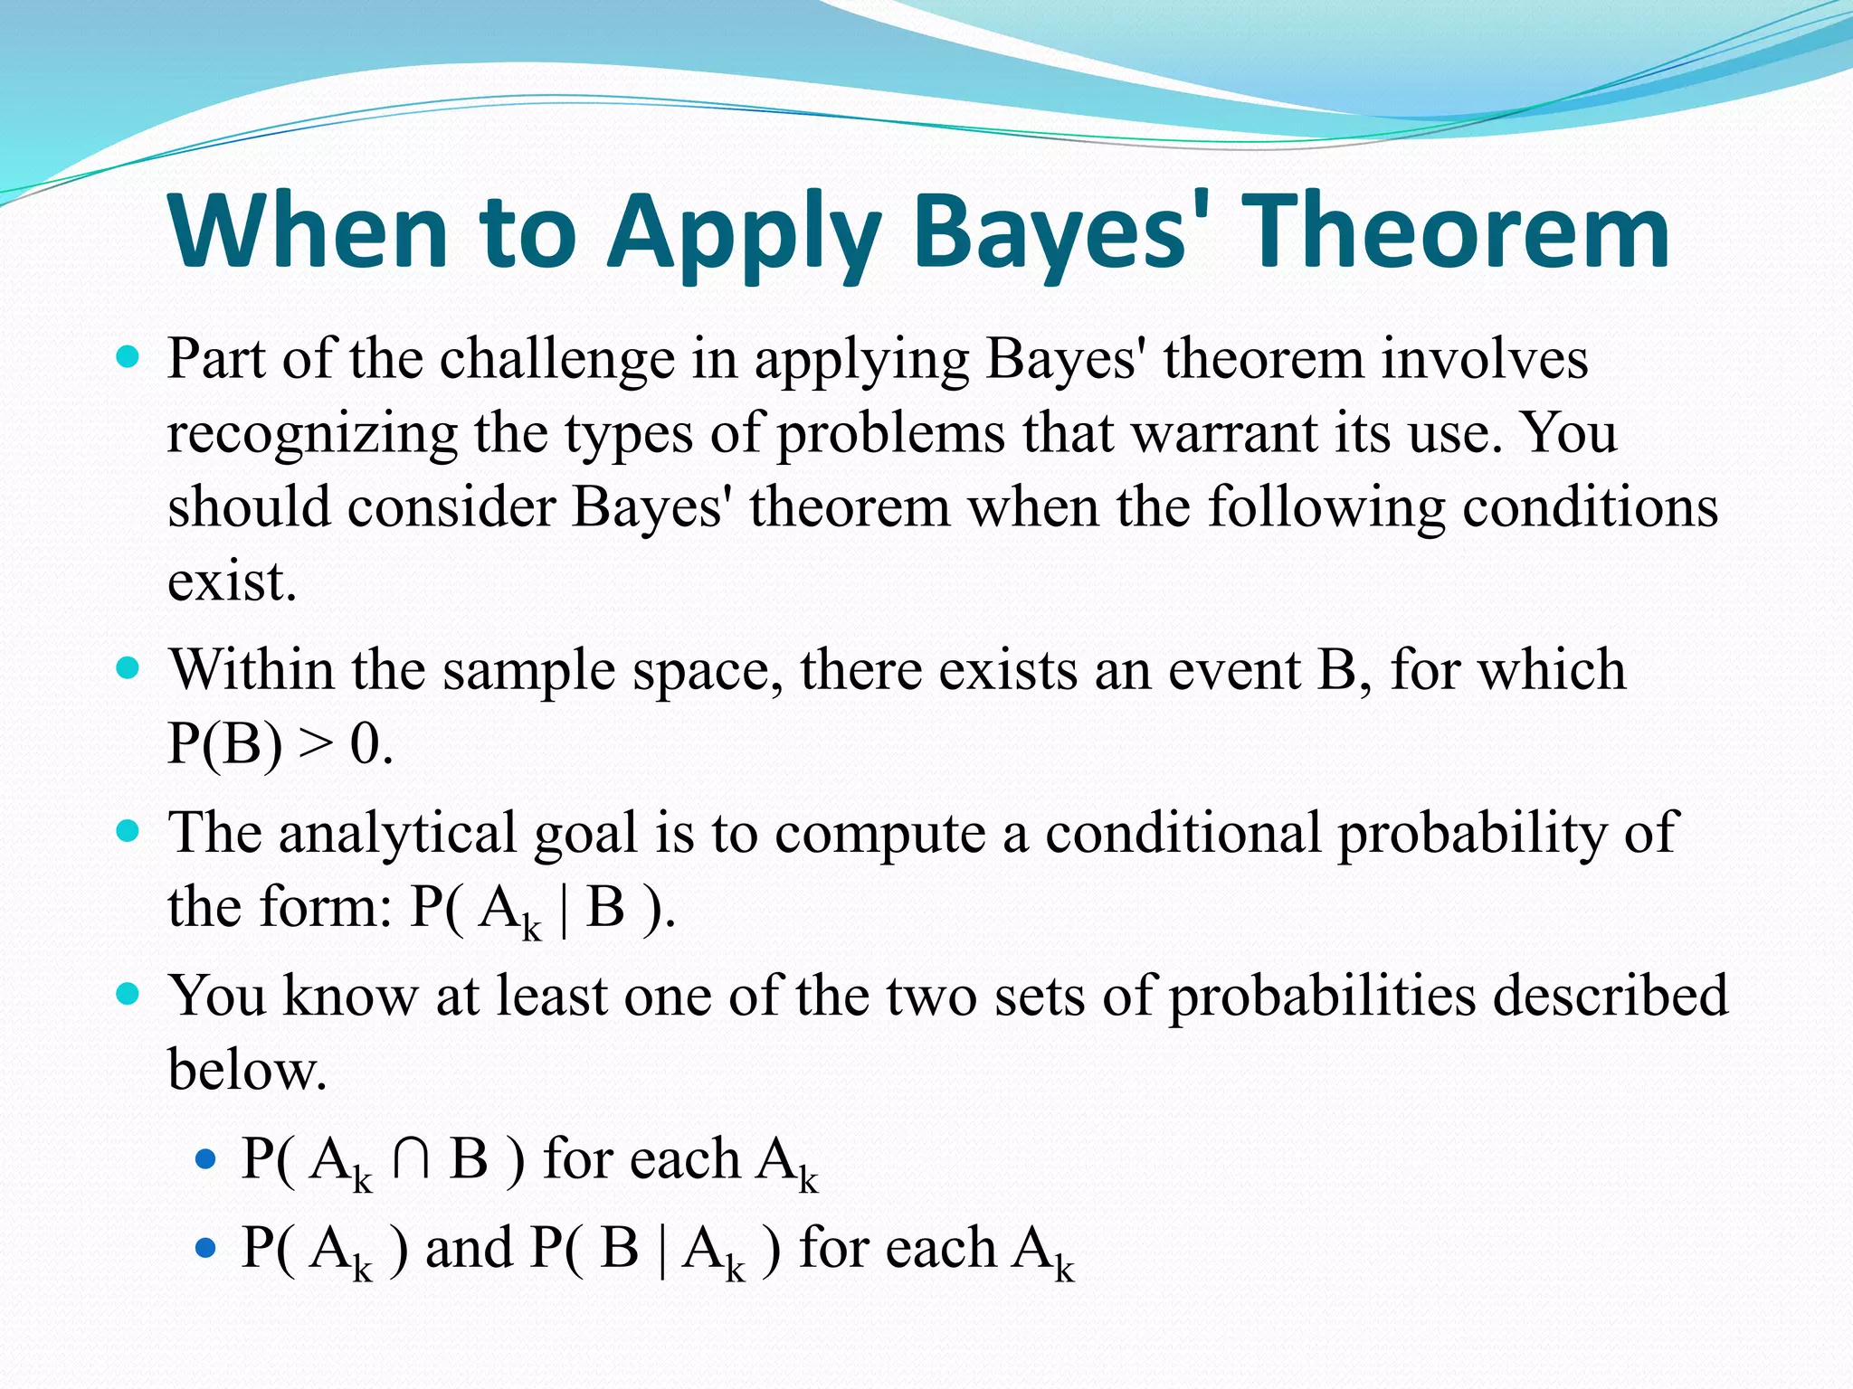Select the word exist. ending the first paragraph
[232, 581]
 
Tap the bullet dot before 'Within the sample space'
[128, 669]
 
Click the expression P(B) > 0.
[280, 745]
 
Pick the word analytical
[396, 834]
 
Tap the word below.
[246, 1071]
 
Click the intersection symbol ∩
[412, 1159]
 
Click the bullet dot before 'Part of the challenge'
[128, 358]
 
